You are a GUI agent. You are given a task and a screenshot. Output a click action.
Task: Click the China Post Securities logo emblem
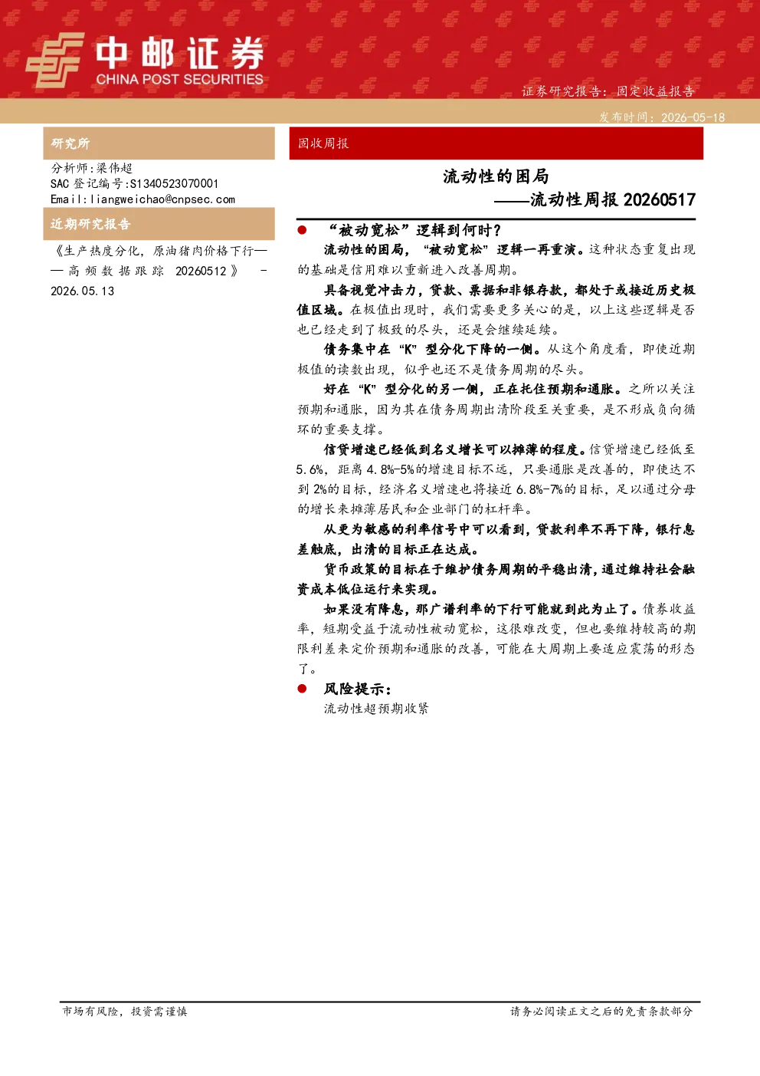click(55, 60)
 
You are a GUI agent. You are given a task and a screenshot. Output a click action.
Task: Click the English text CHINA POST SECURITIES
click(179, 79)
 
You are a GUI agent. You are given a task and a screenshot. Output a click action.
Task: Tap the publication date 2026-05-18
click(693, 117)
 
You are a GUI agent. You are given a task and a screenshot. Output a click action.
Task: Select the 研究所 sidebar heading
click(70, 143)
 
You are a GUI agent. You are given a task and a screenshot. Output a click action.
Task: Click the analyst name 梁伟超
click(114, 168)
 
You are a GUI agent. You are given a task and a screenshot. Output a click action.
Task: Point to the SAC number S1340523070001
click(174, 183)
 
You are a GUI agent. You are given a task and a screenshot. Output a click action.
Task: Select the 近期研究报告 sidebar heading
click(90, 224)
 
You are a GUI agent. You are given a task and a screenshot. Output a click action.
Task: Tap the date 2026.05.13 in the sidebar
click(83, 291)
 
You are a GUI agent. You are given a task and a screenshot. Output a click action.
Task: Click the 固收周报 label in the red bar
click(323, 143)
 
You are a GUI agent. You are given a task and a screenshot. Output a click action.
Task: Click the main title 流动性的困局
click(496, 176)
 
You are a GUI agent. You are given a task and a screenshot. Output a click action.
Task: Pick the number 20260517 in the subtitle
click(660, 199)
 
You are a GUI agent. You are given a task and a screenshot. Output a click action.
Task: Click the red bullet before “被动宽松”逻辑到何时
click(302, 230)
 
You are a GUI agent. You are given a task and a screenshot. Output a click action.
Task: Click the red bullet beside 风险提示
click(302, 689)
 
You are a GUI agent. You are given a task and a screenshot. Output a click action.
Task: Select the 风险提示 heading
click(358, 689)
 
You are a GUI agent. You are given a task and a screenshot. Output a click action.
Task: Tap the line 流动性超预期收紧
click(376, 709)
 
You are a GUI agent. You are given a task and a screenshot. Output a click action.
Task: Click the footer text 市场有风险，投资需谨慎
click(125, 1011)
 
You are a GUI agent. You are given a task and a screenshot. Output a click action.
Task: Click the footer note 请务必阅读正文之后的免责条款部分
click(601, 1011)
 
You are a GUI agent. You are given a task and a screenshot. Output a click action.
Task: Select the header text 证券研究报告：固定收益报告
click(608, 91)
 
